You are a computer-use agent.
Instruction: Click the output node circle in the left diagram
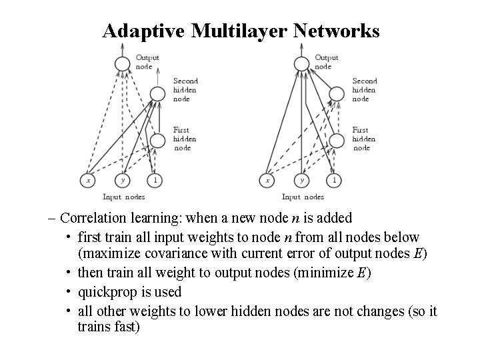coord(122,63)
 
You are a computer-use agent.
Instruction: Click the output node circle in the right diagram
coord(301,63)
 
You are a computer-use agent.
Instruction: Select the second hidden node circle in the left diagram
coord(158,93)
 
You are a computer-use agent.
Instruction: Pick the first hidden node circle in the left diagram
coord(158,140)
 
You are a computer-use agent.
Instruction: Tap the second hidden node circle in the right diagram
coord(337,93)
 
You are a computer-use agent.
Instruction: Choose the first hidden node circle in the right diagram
coord(337,140)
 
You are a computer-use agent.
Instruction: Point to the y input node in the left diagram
coord(122,180)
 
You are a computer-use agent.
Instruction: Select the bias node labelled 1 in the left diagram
coord(155,180)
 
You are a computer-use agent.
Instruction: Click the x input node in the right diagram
coord(268,180)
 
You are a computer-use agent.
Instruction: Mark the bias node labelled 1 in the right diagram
coord(334,180)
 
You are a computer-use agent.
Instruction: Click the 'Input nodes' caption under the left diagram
coord(124,197)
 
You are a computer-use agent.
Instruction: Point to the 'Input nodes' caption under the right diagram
coord(303,197)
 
